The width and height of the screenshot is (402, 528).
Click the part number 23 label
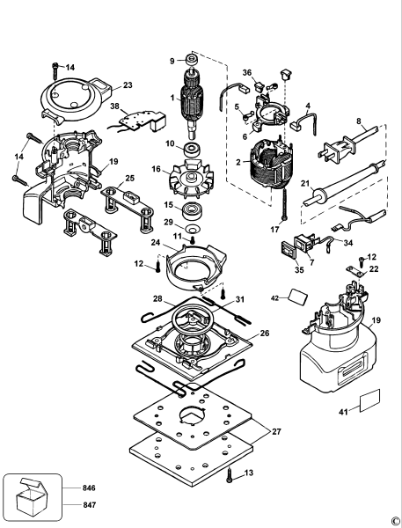coord(128,85)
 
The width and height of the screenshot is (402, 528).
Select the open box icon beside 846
coord(33,496)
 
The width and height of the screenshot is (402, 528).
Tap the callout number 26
coord(264,334)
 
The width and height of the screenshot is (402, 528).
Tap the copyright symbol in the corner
coord(395,521)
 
